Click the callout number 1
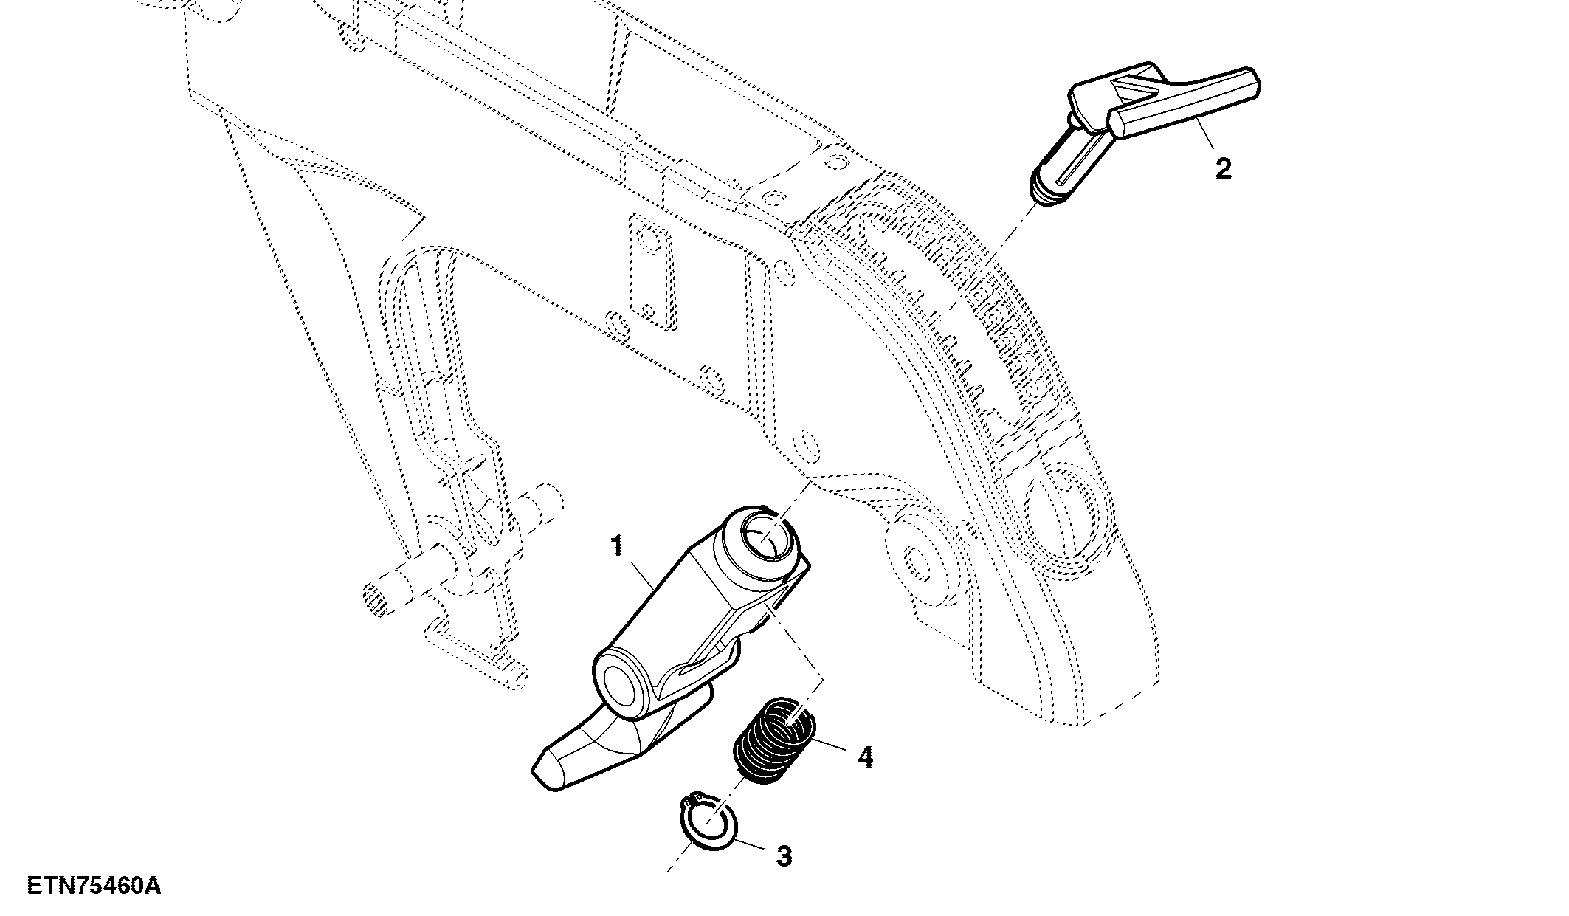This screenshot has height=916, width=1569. tap(617, 548)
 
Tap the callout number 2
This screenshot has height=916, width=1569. tap(1223, 169)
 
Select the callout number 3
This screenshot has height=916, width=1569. tap(784, 857)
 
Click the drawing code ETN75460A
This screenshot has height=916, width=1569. tap(94, 885)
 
